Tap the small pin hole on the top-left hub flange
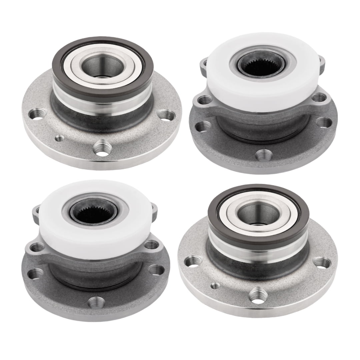59,138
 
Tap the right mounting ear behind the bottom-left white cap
154,209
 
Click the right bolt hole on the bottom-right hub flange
322,263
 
